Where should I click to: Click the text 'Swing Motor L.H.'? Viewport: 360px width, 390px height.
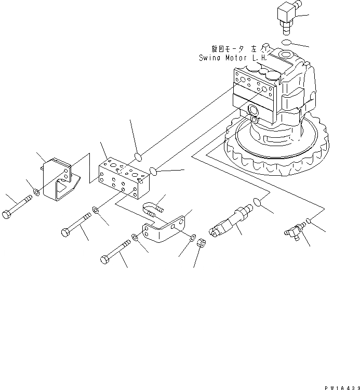[233, 58]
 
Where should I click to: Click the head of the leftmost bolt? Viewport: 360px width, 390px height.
[8, 214]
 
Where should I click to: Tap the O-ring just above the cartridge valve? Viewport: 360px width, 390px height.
[258, 202]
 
